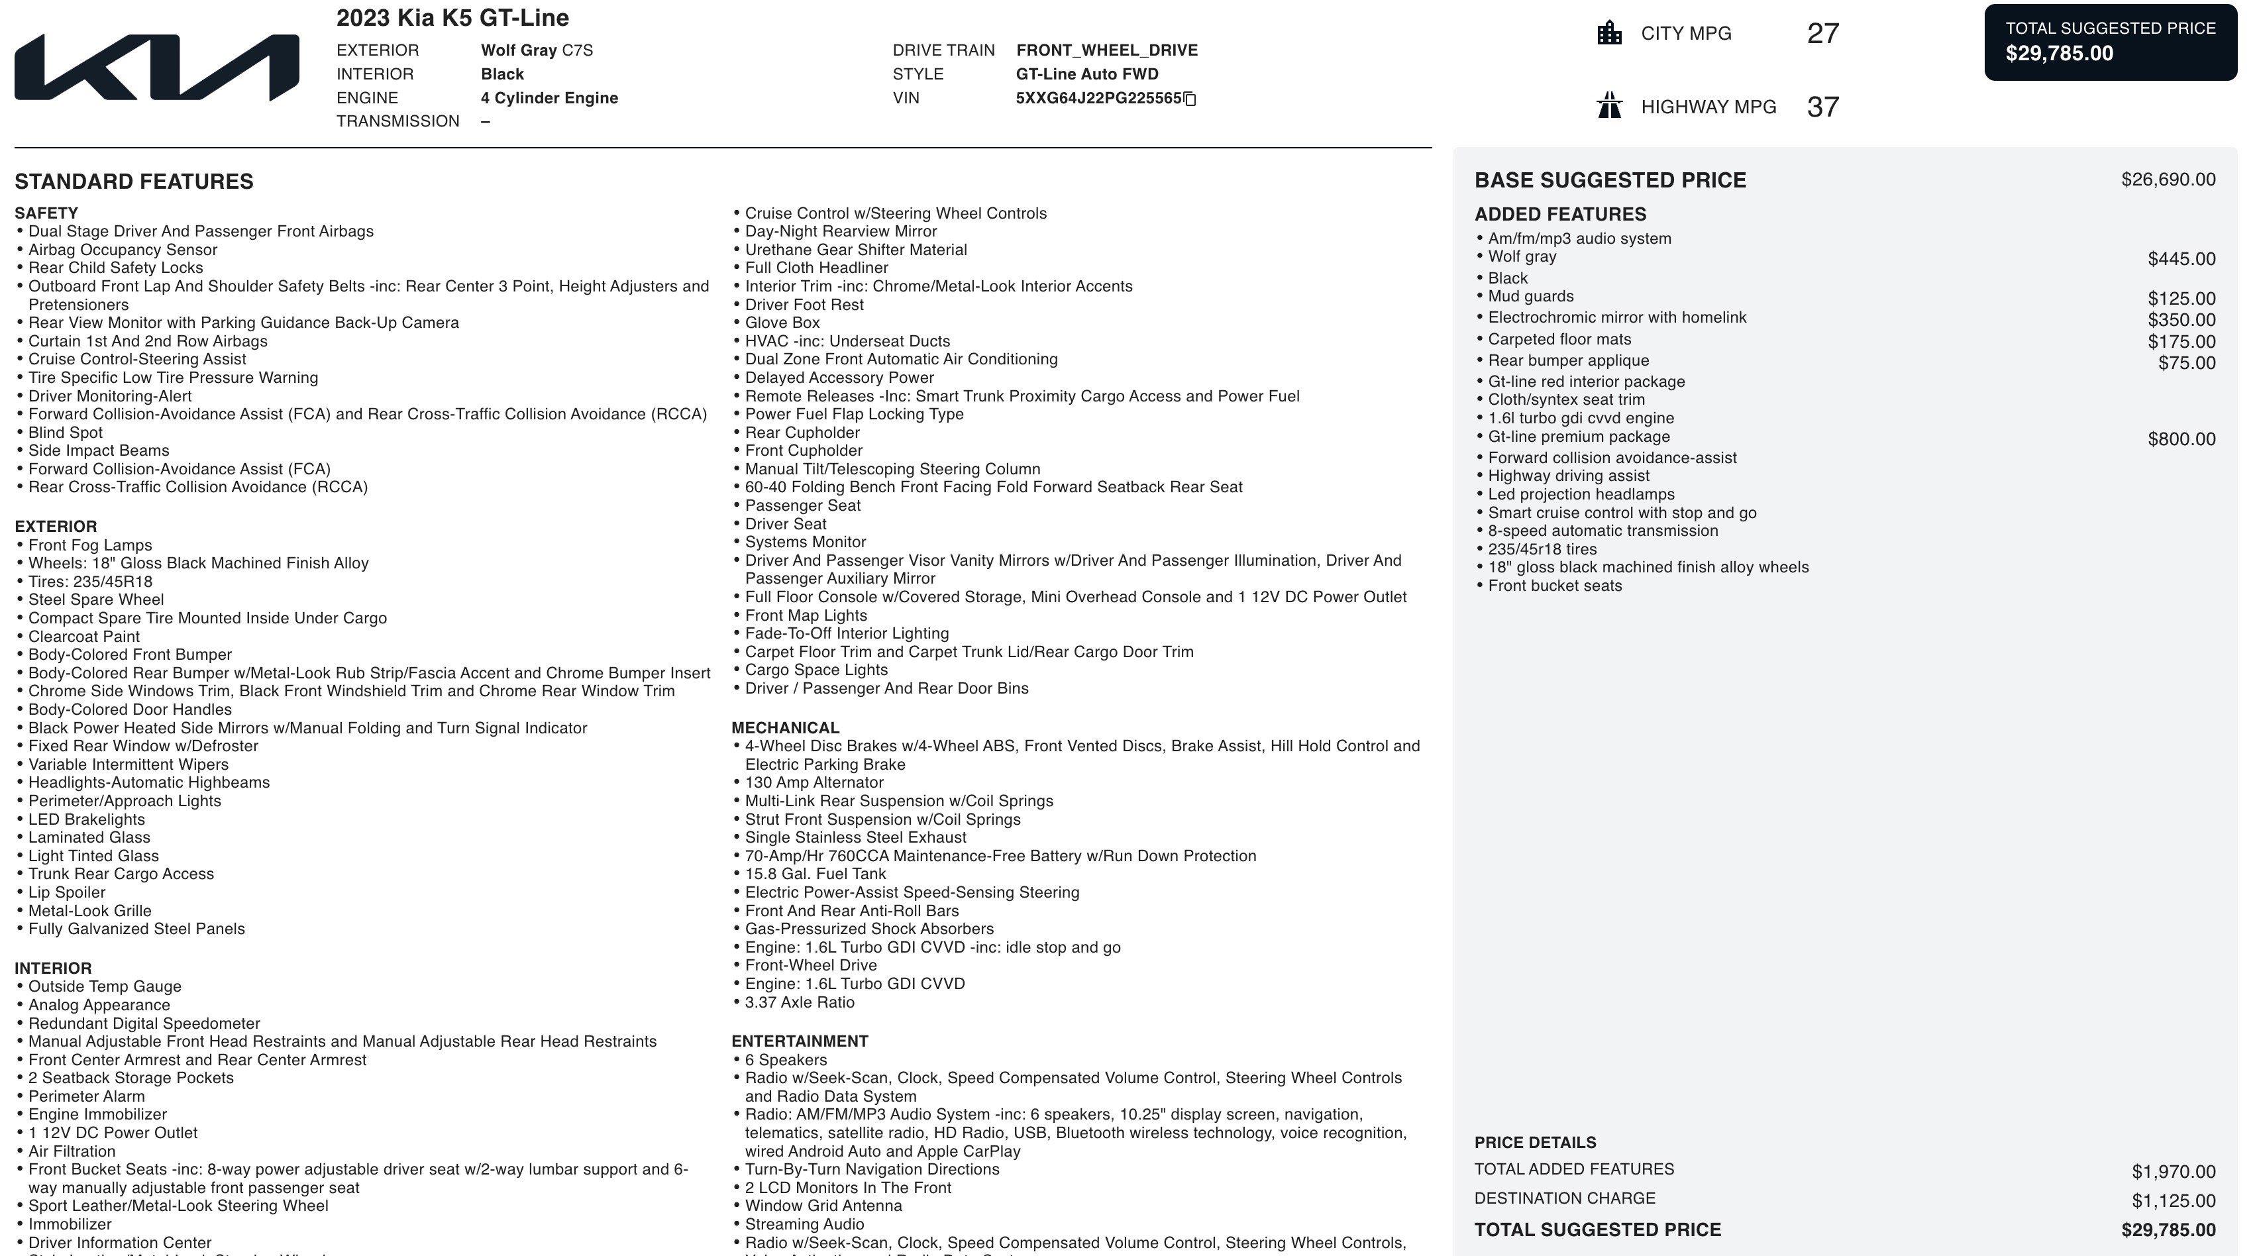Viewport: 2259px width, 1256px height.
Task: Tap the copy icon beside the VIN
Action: (x=1190, y=99)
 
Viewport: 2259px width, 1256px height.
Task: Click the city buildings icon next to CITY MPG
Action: (x=1609, y=33)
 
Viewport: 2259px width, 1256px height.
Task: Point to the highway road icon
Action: (x=1609, y=106)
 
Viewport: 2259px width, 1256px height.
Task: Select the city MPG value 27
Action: (x=1822, y=33)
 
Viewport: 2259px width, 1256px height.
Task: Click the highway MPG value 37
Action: (x=1822, y=107)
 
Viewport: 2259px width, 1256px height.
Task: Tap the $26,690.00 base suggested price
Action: (x=2168, y=180)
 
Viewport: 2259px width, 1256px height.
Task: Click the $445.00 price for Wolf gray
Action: (x=2181, y=259)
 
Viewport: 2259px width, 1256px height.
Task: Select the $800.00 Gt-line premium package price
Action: (x=2181, y=439)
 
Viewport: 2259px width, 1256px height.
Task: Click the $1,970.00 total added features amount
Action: (x=2173, y=1172)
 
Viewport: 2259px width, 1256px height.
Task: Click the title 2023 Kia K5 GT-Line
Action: (x=452, y=17)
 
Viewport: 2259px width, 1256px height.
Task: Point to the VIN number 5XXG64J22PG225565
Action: (x=1098, y=98)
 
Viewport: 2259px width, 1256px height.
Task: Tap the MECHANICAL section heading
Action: (x=785, y=728)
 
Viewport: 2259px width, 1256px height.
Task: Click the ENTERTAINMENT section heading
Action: (x=799, y=1041)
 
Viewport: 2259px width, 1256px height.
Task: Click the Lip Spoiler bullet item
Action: (x=67, y=892)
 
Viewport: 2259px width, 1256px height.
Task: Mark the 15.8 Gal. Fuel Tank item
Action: (x=815, y=874)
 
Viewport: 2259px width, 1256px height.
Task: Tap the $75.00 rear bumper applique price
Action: (x=2186, y=363)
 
